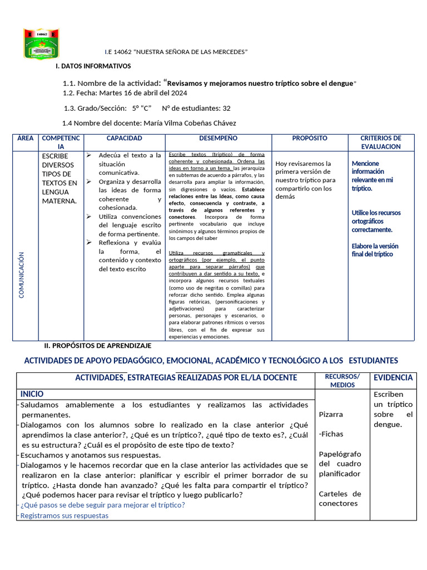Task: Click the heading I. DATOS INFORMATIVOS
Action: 93,66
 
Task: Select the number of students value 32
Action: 226,108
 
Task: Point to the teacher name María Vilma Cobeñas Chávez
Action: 190,123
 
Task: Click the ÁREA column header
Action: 25,138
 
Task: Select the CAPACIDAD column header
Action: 125,138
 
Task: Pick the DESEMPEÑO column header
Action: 218,138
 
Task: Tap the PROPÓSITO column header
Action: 310,138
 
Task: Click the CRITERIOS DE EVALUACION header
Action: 380,142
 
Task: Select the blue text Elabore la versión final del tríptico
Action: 375,250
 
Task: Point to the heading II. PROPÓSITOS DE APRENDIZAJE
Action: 98,346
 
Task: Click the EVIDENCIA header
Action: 393,377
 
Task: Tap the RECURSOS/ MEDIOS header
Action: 342,381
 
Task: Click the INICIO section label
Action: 32,394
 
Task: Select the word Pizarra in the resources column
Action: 331,415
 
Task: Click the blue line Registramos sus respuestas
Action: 64,515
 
